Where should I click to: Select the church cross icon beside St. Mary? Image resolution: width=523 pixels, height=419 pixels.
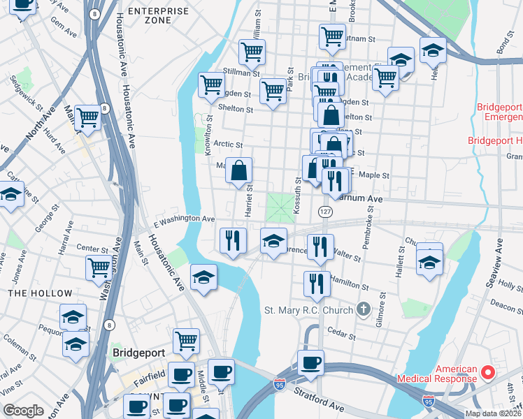click(x=362, y=309)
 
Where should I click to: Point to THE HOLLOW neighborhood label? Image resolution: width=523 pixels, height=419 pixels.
click(x=40, y=293)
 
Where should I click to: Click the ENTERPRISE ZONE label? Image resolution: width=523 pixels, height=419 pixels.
click(x=159, y=16)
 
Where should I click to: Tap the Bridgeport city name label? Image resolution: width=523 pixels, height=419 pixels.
click(x=138, y=353)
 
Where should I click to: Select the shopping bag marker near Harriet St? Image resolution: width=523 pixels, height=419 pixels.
click(x=239, y=170)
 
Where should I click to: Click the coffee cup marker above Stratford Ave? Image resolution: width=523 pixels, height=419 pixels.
click(x=310, y=362)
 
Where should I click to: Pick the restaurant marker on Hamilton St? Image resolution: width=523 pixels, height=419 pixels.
click(x=317, y=283)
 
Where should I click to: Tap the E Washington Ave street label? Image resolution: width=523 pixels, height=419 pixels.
click(x=184, y=219)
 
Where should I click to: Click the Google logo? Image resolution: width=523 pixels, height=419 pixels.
click(x=23, y=411)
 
